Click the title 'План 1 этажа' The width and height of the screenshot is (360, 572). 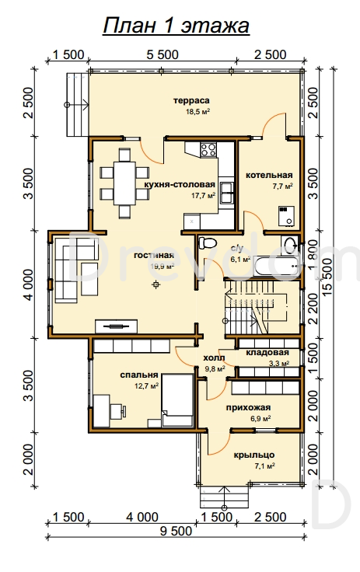coord(176,26)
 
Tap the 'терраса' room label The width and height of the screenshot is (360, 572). coord(191,100)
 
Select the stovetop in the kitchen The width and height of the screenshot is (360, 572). coord(208,149)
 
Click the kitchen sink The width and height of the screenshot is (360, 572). coord(226,192)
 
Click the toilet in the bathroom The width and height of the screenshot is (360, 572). coord(207,242)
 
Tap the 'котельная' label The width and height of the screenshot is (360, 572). coord(269,176)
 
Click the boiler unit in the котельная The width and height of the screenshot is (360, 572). coord(286,215)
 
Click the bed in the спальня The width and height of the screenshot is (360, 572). coord(177,399)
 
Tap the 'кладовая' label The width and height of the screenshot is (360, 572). coord(267,353)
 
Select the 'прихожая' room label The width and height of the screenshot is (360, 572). coord(248,407)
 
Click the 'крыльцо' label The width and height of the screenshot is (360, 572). coord(254,455)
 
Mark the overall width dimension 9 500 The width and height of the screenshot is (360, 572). coord(176,531)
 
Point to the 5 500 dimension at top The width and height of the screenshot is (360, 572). coord(163,54)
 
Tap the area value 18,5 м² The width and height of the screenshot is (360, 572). coord(198,111)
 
